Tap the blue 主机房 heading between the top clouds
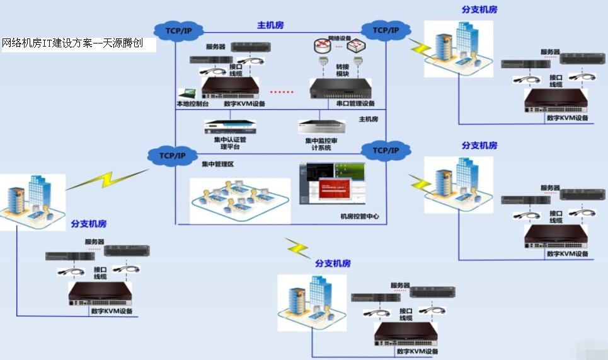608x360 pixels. [270, 25]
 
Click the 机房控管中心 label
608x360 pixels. [360, 217]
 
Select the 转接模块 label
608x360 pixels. [342, 70]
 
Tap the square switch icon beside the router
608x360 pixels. [358, 46]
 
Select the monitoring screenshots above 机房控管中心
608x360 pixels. [332, 183]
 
